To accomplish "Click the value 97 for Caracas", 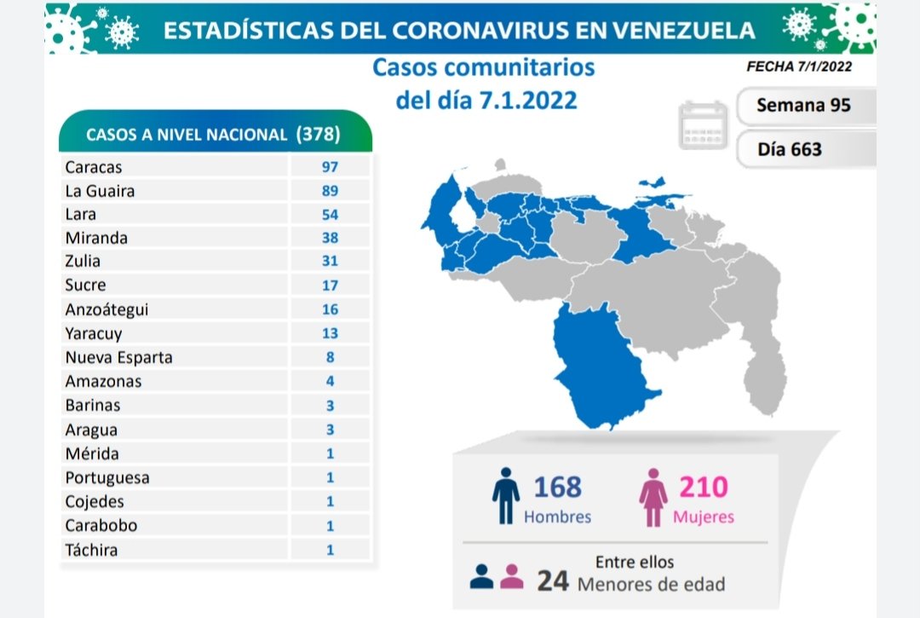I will pyautogui.click(x=330, y=167).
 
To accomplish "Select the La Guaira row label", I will pyautogui.click(x=100, y=191).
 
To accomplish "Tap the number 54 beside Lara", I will pyautogui.click(x=330, y=215).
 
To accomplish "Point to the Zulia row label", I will pyautogui.click(x=83, y=262).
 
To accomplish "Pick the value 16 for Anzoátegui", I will pyautogui.click(x=330, y=309).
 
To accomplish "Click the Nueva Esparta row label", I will pyautogui.click(x=118, y=357).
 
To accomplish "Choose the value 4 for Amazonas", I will pyautogui.click(x=330, y=381).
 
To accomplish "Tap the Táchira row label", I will pyautogui.click(x=91, y=550).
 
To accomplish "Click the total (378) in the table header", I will pyautogui.click(x=319, y=134).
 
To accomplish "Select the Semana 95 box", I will pyautogui.click(x=803, y=107).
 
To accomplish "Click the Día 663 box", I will pyautogui.click(x=790, y=149).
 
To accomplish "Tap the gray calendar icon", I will pyautogui.click(x=704, y=125).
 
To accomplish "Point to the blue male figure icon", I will pyautogui.click(x=505, y=495).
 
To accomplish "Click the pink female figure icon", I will pyautogui.click(x=654, y=497).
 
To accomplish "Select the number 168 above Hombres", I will pyautogui.click(x=558, y=487).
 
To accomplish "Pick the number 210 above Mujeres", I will pyautogui.click(x=704, y=487).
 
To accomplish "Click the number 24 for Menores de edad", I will pyautogui.click(x=553, y=581).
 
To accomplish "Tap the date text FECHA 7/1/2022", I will pyautogui.click(x=798, y=66).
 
